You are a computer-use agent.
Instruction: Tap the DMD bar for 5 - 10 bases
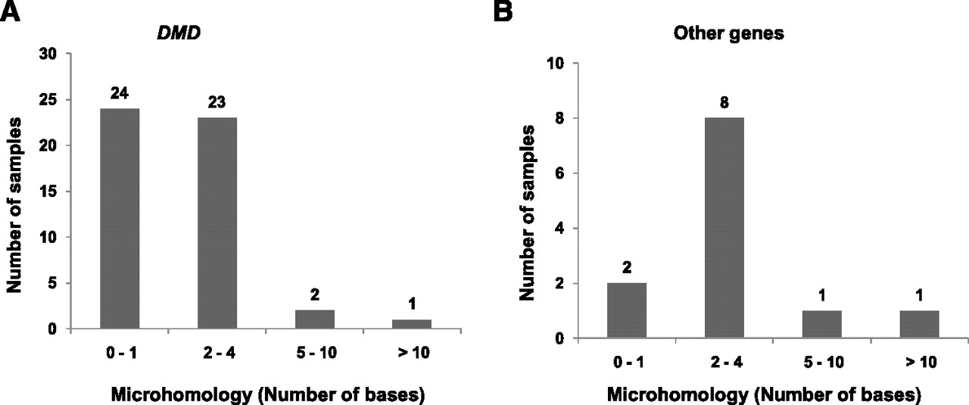pyautogui.click(x=314, y=319)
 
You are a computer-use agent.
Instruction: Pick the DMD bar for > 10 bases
pyautogui.click(x=412, y=324)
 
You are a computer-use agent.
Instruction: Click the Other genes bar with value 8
pyautogui.click(x=724, y=228)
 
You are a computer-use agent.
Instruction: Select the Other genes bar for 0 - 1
pyautogui.click(x=627, y=310)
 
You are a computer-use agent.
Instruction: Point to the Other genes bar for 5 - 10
pyautogui.click(x=822, y=324)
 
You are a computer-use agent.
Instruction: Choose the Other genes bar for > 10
pyautogui.click(x=919, y=324)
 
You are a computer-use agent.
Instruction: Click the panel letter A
pyautogui.click(x=10, y=11)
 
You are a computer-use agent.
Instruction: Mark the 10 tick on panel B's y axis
pyautogui.click(x=559, y=63)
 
